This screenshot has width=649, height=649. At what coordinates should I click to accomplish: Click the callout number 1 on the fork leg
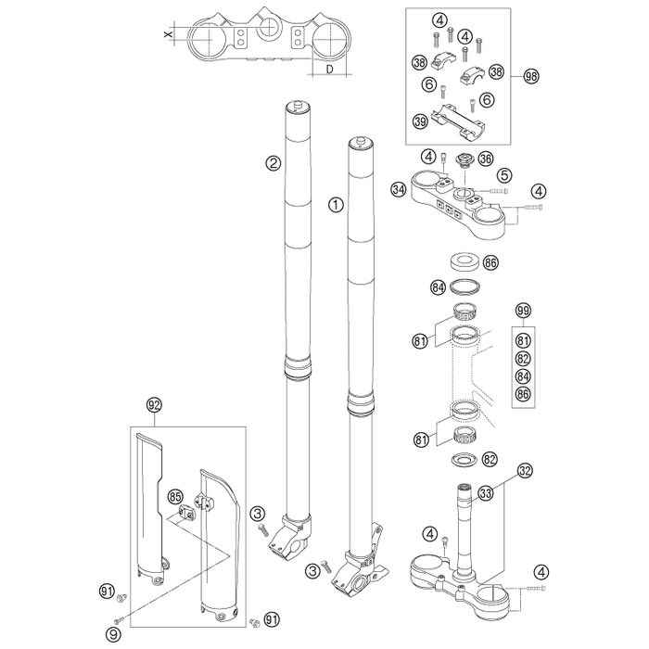(336, 201)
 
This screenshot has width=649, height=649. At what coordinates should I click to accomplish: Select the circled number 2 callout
(247, 164)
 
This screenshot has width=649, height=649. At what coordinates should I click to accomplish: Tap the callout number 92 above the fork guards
(153, 404)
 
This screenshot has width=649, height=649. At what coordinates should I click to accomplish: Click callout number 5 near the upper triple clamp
(530, 174)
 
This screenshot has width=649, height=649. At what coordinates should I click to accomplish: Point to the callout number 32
(525, 472)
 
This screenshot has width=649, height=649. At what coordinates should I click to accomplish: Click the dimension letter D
(331, 68)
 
